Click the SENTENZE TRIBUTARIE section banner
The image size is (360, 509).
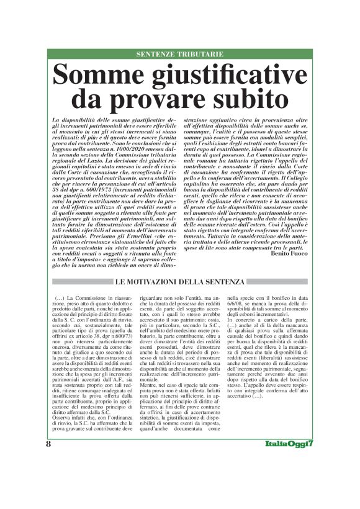pos(179,55)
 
